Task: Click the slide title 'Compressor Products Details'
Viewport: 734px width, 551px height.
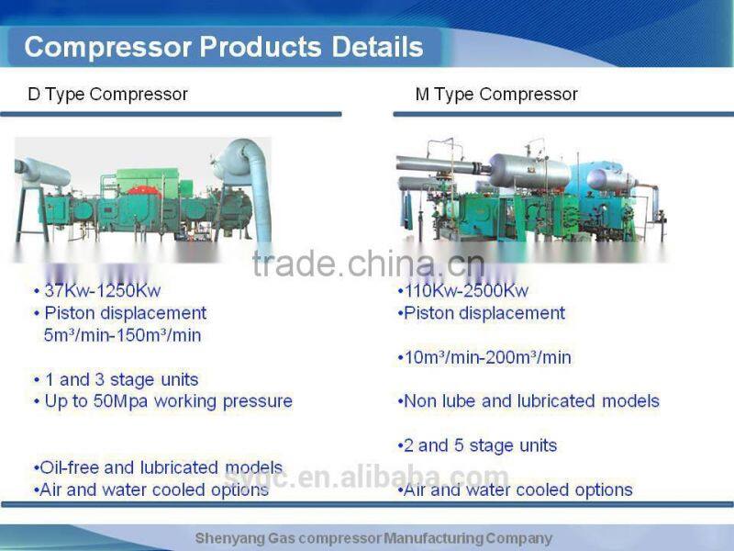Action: pos(224,47)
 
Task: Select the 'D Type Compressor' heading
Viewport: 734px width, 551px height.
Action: pos(108,94)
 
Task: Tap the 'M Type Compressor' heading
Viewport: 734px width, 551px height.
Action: pos(496,94)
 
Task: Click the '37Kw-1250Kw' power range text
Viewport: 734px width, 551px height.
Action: pos(102,291)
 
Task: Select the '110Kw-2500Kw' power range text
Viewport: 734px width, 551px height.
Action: pos(467,291)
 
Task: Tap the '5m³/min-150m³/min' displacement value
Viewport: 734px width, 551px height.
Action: pos(122,335)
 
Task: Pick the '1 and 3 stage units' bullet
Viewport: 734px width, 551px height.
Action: pos(120,379)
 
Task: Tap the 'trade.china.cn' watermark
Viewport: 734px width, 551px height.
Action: pos(367,264)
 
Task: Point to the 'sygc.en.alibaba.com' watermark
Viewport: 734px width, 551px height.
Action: pos(367,478)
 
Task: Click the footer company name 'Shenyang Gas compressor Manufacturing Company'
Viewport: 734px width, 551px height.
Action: pos(373,538)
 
